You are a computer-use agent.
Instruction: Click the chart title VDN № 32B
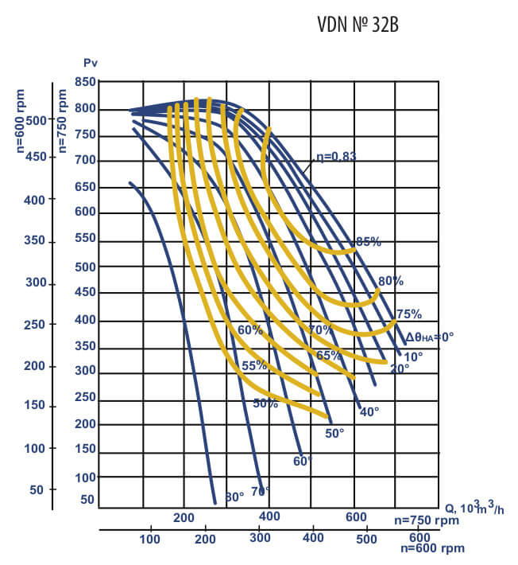coord(358,25)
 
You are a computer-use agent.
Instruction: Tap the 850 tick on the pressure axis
coord(85,82)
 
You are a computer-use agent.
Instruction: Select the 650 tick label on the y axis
coord(85,187)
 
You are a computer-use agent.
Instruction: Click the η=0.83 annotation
coord(334,156)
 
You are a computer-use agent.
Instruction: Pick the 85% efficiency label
coord(368,241)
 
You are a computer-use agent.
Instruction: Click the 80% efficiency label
coord(390,281)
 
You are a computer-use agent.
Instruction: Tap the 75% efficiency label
coord(408,314)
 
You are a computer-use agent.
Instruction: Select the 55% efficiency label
coord(254,365)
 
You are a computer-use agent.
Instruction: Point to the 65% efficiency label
coord(329,355)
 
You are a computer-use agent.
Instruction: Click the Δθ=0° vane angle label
coord(429,337)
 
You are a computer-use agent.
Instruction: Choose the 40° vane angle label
coord(369,411)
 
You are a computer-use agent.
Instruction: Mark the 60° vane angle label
coord(303,461)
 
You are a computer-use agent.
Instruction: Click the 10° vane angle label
coord(414,356)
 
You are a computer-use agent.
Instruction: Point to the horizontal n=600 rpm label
coord(432,547)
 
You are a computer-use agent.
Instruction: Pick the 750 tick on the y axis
coord(85,134)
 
